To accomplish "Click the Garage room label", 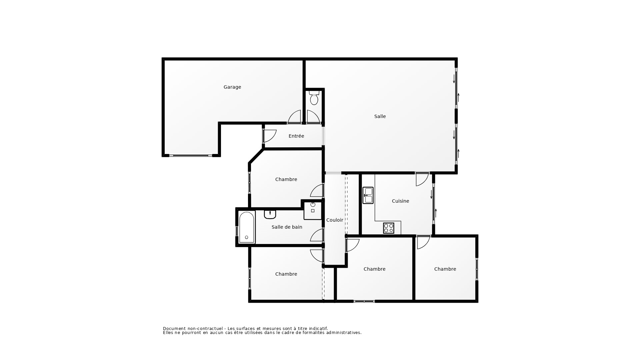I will [x=232, y=87].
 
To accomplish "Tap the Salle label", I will [x=380, y=116].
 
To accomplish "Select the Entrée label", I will [x=296, y=136].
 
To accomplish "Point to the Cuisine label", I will [x=400, y=201].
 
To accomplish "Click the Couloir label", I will [x=335, y=220].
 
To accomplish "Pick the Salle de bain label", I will [x=287, y=227].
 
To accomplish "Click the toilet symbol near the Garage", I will [x=314, y=98].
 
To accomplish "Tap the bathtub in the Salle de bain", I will [x=247, y=227].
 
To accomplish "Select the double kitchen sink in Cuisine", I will [x=368, y=195].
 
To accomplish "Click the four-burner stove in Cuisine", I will [x=388, y=228].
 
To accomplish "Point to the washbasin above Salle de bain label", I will [x=270, y=214].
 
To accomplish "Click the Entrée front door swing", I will [x=269, y=136].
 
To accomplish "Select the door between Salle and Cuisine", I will [x=422, y=179].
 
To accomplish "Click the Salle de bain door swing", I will [x=317, y=235].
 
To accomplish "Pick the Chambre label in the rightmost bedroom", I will [x=445, y=269].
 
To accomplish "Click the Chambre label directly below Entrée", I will [x=286, y=179].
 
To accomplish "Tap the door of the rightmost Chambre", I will [x=423, y=242].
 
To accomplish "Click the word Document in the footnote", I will [x=174, y=329].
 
